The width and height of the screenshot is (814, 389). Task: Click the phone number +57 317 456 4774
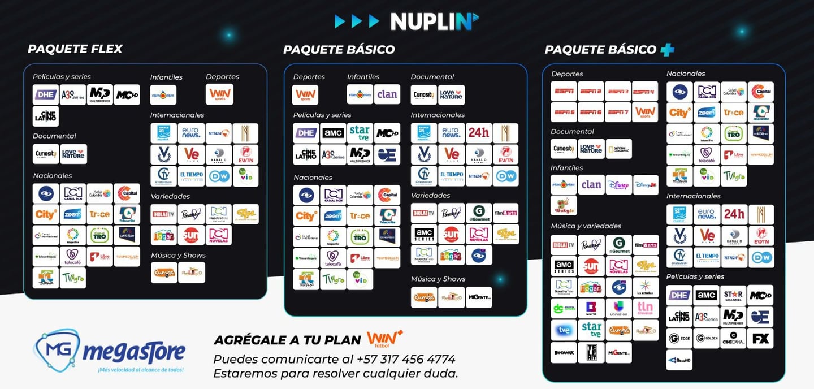tap(405, 359)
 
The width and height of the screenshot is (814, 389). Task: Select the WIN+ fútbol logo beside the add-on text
tap(384, 338)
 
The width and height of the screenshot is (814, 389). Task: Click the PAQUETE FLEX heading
tap(75, 49)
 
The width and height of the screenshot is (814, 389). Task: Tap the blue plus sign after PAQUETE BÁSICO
tap(667, 50)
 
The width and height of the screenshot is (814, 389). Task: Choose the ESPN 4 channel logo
tap(644, 91)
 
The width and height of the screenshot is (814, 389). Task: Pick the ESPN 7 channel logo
tap(618, 112)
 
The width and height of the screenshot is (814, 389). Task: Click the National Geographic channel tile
tap(618, 149)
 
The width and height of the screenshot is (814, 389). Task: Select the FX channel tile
tap(760, 338)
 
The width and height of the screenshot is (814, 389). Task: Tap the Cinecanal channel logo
tap(733, 338)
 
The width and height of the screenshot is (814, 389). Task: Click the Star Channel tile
tap(733, 295)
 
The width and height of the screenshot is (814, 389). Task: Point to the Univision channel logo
tap(618, 308)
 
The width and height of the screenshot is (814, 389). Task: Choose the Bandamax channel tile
tap(564, 352)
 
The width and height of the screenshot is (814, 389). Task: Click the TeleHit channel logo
tap(591, 352)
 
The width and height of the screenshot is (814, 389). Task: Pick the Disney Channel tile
tap(618, 185)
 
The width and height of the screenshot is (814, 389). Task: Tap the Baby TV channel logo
tap(564, 206)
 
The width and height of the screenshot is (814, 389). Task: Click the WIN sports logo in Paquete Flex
tap(219, 94)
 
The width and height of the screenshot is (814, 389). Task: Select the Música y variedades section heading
tap(586, 226)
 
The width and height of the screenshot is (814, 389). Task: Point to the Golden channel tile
tap(706, 338)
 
